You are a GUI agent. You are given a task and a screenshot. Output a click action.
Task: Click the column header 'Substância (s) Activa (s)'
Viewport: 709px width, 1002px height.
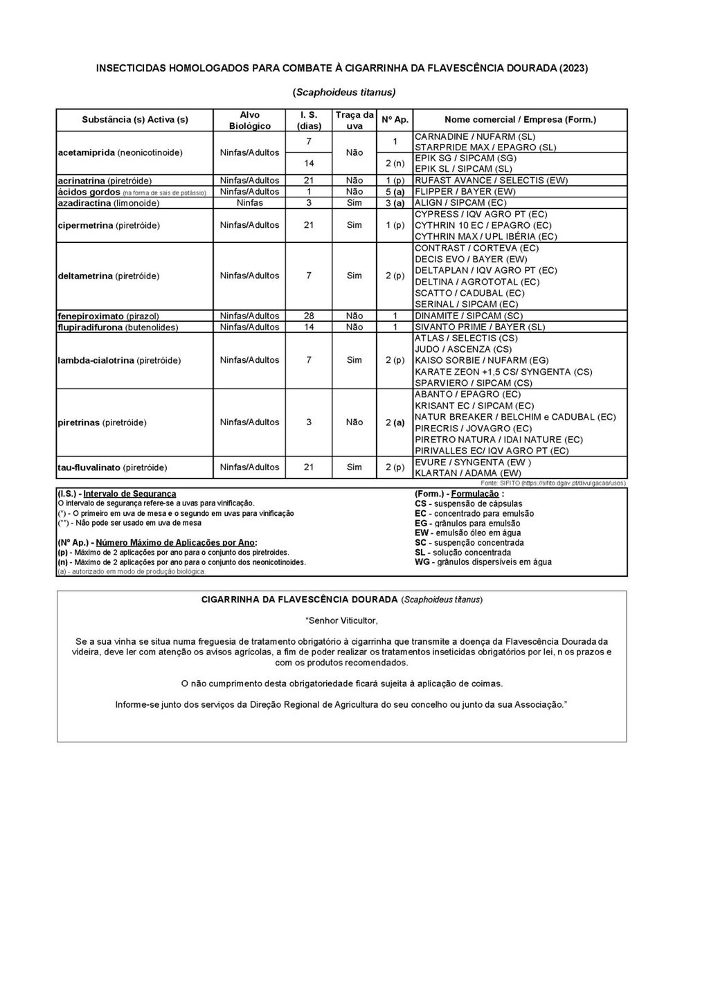coord(135,120)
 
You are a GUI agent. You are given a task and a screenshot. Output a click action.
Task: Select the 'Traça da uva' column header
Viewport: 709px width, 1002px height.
coord(354,120)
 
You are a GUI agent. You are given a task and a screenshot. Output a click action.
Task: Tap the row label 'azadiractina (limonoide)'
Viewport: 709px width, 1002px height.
coord(109,204)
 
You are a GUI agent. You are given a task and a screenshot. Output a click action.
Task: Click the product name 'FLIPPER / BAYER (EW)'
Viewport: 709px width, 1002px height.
coord(465,192)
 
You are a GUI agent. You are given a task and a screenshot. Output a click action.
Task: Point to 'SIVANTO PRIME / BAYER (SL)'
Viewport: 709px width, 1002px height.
coord(480,327)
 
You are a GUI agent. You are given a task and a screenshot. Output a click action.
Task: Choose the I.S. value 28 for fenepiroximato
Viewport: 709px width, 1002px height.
coord(309,316)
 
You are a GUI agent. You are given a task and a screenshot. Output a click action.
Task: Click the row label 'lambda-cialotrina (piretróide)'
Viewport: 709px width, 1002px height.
coord(119,361)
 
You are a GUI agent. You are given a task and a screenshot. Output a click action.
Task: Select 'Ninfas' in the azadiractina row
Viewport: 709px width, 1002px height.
coord(249,203)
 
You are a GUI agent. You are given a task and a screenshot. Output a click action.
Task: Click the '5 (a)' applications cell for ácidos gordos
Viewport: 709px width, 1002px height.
coord(395,192)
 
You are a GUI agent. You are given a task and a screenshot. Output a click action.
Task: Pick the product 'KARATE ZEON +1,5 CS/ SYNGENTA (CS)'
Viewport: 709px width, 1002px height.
coord(503,372)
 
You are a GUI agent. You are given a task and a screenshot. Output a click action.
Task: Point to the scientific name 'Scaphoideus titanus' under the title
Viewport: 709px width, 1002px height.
coord(344,92)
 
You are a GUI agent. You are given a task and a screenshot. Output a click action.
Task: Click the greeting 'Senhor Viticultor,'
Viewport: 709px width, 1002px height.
coord(341,620)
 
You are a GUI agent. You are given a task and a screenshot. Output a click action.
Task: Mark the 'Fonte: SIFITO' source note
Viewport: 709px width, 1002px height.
coord(554,482)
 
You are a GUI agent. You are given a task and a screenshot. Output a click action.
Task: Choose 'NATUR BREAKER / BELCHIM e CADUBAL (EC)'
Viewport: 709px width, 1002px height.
coord(515,417)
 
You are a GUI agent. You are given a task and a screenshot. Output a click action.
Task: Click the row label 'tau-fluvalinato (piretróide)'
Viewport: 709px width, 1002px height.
coord(112,467)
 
